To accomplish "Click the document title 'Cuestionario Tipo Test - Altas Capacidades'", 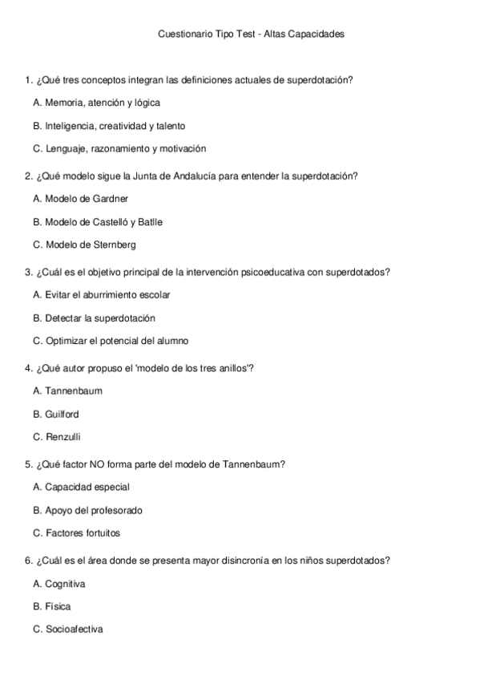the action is pyautogui.click(x=251, y=34).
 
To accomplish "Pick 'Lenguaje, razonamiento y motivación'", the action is pyautogui.click(x=119, y=148).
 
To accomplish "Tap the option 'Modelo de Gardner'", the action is pyautogui.click(x=81, y=198).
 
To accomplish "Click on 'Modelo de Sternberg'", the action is pyautogui.click(x=84, y=245).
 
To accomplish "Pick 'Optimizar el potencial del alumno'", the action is pyautogui.click(x=111, y=341).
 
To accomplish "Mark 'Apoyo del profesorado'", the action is pyautogui.click(x=88, y=510).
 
